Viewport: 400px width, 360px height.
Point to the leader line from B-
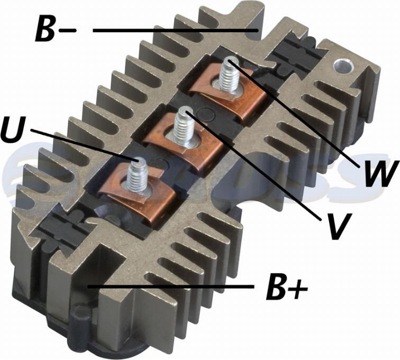[x=175, y=31]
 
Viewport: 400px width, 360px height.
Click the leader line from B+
[x=169, y=287]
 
